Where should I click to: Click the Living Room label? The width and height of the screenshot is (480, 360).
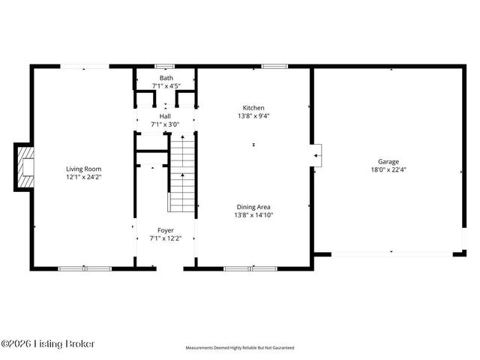pos(83,169)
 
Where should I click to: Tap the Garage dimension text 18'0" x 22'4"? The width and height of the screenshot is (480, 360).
pos(388,169)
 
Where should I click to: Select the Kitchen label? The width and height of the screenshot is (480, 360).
pos(253,107)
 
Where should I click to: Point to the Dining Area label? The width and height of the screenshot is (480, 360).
pos(253,206)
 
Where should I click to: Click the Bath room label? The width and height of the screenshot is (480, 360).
pos(165,77)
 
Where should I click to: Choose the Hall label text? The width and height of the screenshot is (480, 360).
pos(165,116)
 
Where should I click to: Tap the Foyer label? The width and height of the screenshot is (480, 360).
pos(165,230)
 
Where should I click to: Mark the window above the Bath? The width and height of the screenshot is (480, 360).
pos(165,67)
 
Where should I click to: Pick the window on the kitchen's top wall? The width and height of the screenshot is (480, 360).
pos(274,67)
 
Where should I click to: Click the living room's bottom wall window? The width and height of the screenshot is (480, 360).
pos(85,268)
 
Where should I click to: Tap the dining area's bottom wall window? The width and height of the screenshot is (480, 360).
pos(251,268)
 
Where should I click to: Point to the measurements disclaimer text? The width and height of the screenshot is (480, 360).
pos(240,348)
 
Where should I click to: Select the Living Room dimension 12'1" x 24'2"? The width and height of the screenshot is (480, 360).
pos(83,178)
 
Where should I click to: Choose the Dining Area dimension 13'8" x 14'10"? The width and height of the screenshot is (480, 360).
pos(253,215)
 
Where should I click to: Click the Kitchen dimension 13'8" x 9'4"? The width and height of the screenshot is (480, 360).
pos(253,116)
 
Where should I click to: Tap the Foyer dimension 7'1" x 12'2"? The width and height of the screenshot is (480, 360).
pos(165,239)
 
